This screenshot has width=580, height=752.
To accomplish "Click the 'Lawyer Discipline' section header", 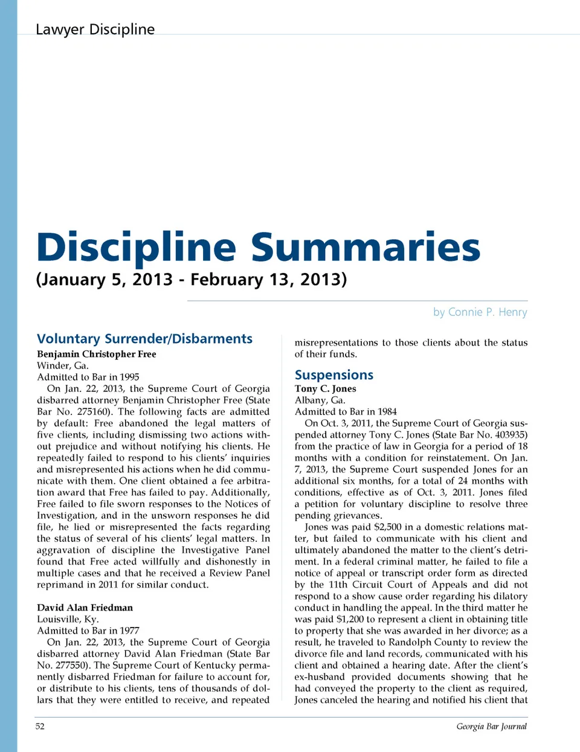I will (x=95, y=29).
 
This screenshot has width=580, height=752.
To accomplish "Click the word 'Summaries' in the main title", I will (x=366, y=247).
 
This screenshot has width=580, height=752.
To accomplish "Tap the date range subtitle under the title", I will (x=192, y=280).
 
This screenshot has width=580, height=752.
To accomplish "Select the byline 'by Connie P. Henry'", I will (x=480, y=312).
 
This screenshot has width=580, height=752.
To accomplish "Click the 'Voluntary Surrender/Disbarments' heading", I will (x=144, y=338).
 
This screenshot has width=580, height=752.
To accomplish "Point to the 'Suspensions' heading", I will (x=333, y=374).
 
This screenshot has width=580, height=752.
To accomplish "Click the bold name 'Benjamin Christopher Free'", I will (x=96, y=354).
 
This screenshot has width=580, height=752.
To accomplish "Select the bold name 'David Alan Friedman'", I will (x=85, y=608).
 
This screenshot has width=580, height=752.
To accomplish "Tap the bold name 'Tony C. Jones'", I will (x=325, y=389).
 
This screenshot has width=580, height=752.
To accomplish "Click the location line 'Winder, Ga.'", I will (x=62, y=365).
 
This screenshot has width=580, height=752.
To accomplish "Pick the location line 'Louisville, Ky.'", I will (x=68, y=619).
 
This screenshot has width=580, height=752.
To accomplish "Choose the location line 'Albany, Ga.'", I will (x=320, y=400).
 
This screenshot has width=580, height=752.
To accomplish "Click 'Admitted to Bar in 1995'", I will (x=88, y=377).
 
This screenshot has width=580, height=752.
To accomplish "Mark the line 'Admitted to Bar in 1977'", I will (x=88, y=631).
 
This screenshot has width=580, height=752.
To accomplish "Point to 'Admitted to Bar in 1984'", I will (x=346, y=412).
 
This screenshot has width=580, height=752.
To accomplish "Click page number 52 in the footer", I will (x=40, y=726).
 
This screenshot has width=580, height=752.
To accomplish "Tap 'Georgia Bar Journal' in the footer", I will (x=491, y=726).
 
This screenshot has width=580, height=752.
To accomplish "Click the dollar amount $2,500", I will (x=387, y=527).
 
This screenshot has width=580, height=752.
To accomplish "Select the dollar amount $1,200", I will (x=350, y=619).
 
